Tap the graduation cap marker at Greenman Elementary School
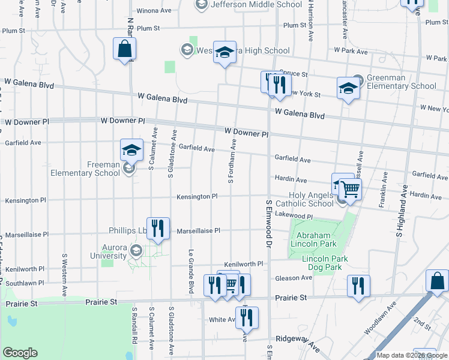tap(348, 88)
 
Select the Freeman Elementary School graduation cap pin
tap(131, 150)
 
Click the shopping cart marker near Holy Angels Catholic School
tap(350, 190)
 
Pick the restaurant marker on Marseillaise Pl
tap(157, 227)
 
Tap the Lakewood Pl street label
tap(294, 215)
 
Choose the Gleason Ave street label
tap(294, 278)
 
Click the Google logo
tap(20, 353)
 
